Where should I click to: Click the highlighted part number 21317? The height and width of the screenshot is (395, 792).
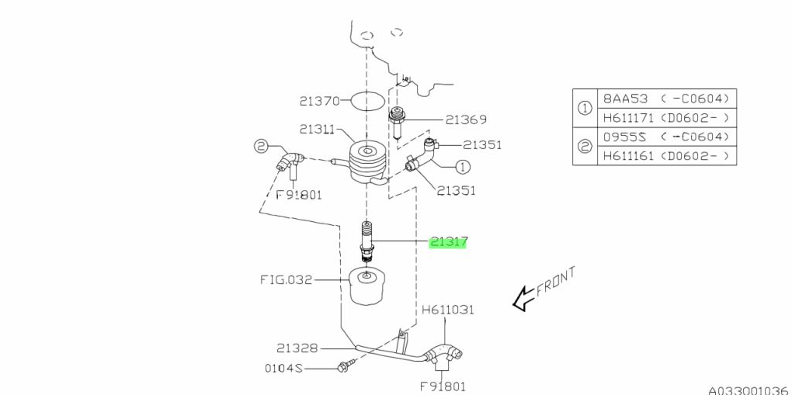tap(448, 242)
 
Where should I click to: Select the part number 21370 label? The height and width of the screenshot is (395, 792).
tap(319, 101)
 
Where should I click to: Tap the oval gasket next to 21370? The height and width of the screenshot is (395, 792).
tap(367, 101)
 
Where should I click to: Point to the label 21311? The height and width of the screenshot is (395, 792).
tap(317, 130)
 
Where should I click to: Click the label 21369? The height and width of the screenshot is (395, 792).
tap(466, 120)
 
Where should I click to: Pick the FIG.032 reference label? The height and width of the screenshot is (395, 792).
tap(286, 279)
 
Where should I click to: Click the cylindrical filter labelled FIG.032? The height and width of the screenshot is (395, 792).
tap(368, 287)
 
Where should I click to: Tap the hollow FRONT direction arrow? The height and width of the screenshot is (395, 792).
tap(524, 298)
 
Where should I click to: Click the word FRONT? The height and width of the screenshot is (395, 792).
tap(556, 282)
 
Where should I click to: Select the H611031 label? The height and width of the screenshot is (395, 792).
tap(448, 309)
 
